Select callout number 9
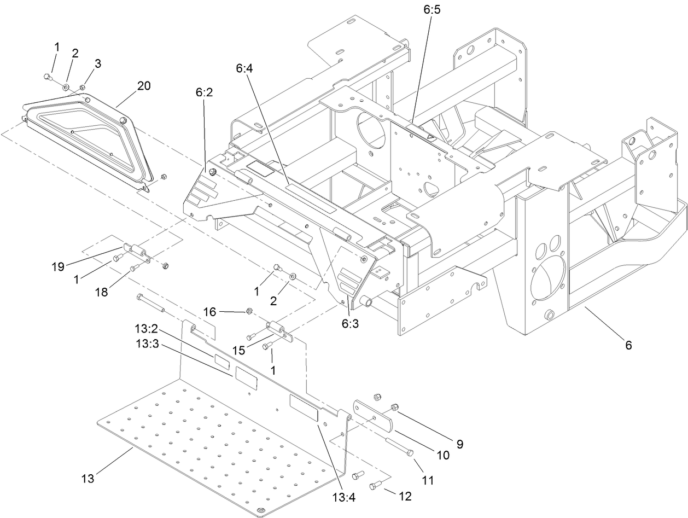point(459,444)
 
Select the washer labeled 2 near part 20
point(66,86)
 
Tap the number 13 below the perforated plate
point(88,479)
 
